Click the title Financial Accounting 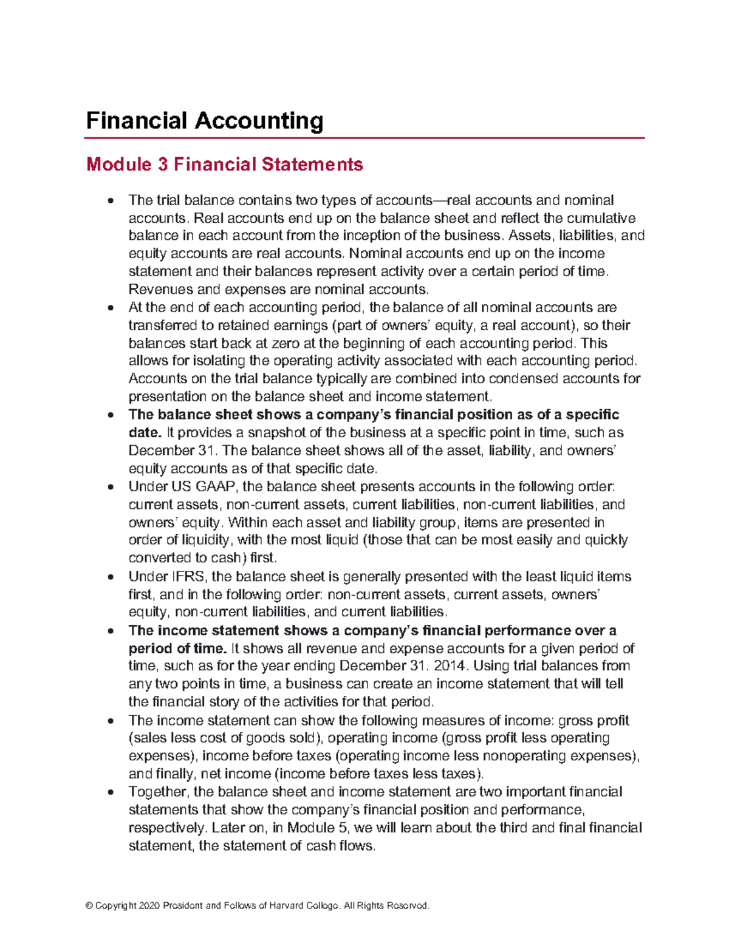point(204,121)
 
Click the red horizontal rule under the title point(364,138)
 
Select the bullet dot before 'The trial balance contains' point(110,201)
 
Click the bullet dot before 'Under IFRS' point(110,577)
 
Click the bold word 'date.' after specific point(145,432)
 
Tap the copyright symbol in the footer point(89,906)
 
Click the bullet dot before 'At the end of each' point(110,308)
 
